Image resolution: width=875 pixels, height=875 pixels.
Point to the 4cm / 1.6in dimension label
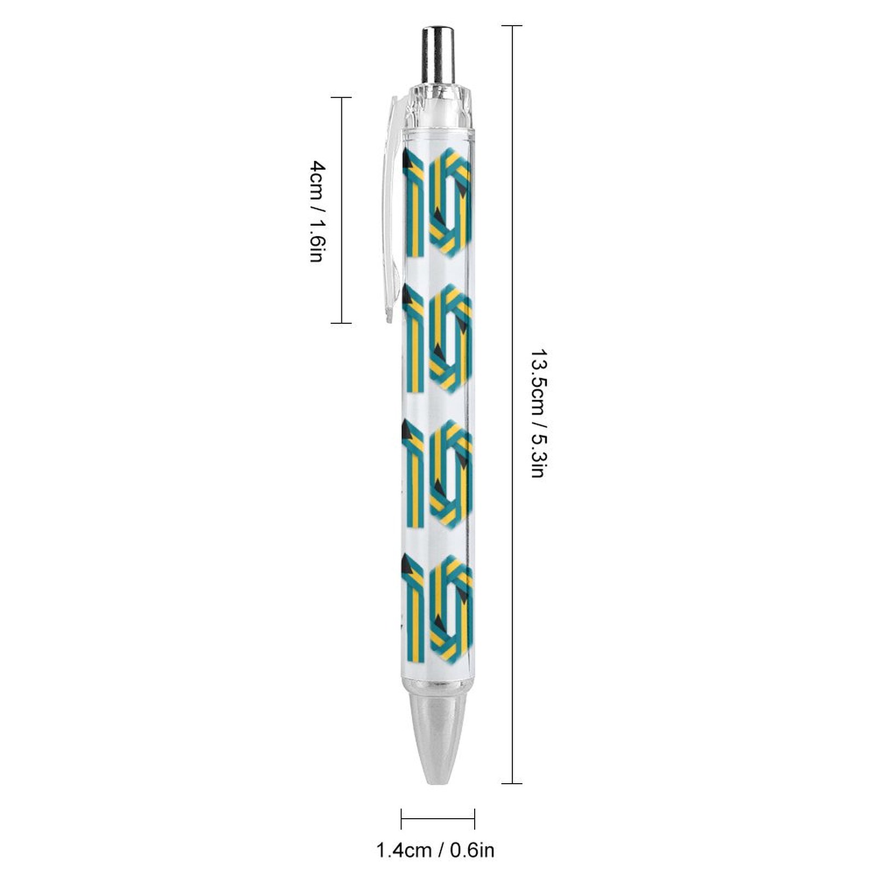click(x=318, y=211)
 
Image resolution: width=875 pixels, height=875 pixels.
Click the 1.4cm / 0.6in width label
click(x=435, y=850)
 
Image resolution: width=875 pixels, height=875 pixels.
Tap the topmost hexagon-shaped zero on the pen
click(x=450, y=202)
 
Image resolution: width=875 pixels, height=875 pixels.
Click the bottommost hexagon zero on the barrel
click(x=451, y=608)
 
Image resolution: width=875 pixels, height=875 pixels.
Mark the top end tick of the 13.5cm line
click(x=512, y=26)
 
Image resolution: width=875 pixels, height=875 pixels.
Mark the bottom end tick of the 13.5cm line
click(x=512, y=783)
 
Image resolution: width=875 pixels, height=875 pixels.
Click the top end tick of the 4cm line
click(x=342, y=97)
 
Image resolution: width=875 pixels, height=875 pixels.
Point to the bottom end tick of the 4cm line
click(x=342, y=323)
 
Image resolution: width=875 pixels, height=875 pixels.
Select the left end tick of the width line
click(x=401, y=819)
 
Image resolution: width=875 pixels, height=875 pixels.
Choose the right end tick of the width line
click(x=474, y=819)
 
